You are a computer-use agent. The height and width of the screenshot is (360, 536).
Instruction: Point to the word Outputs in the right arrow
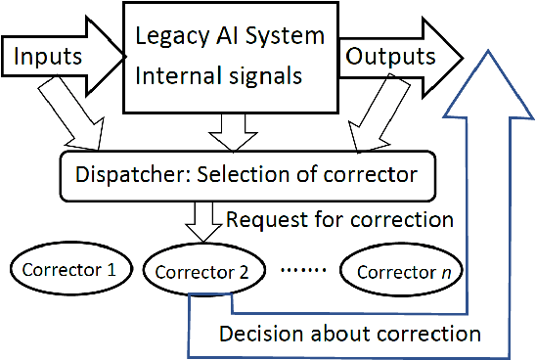(x=389, y=57)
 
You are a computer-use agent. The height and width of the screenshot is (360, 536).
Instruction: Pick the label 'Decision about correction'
(x=350, y=334)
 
